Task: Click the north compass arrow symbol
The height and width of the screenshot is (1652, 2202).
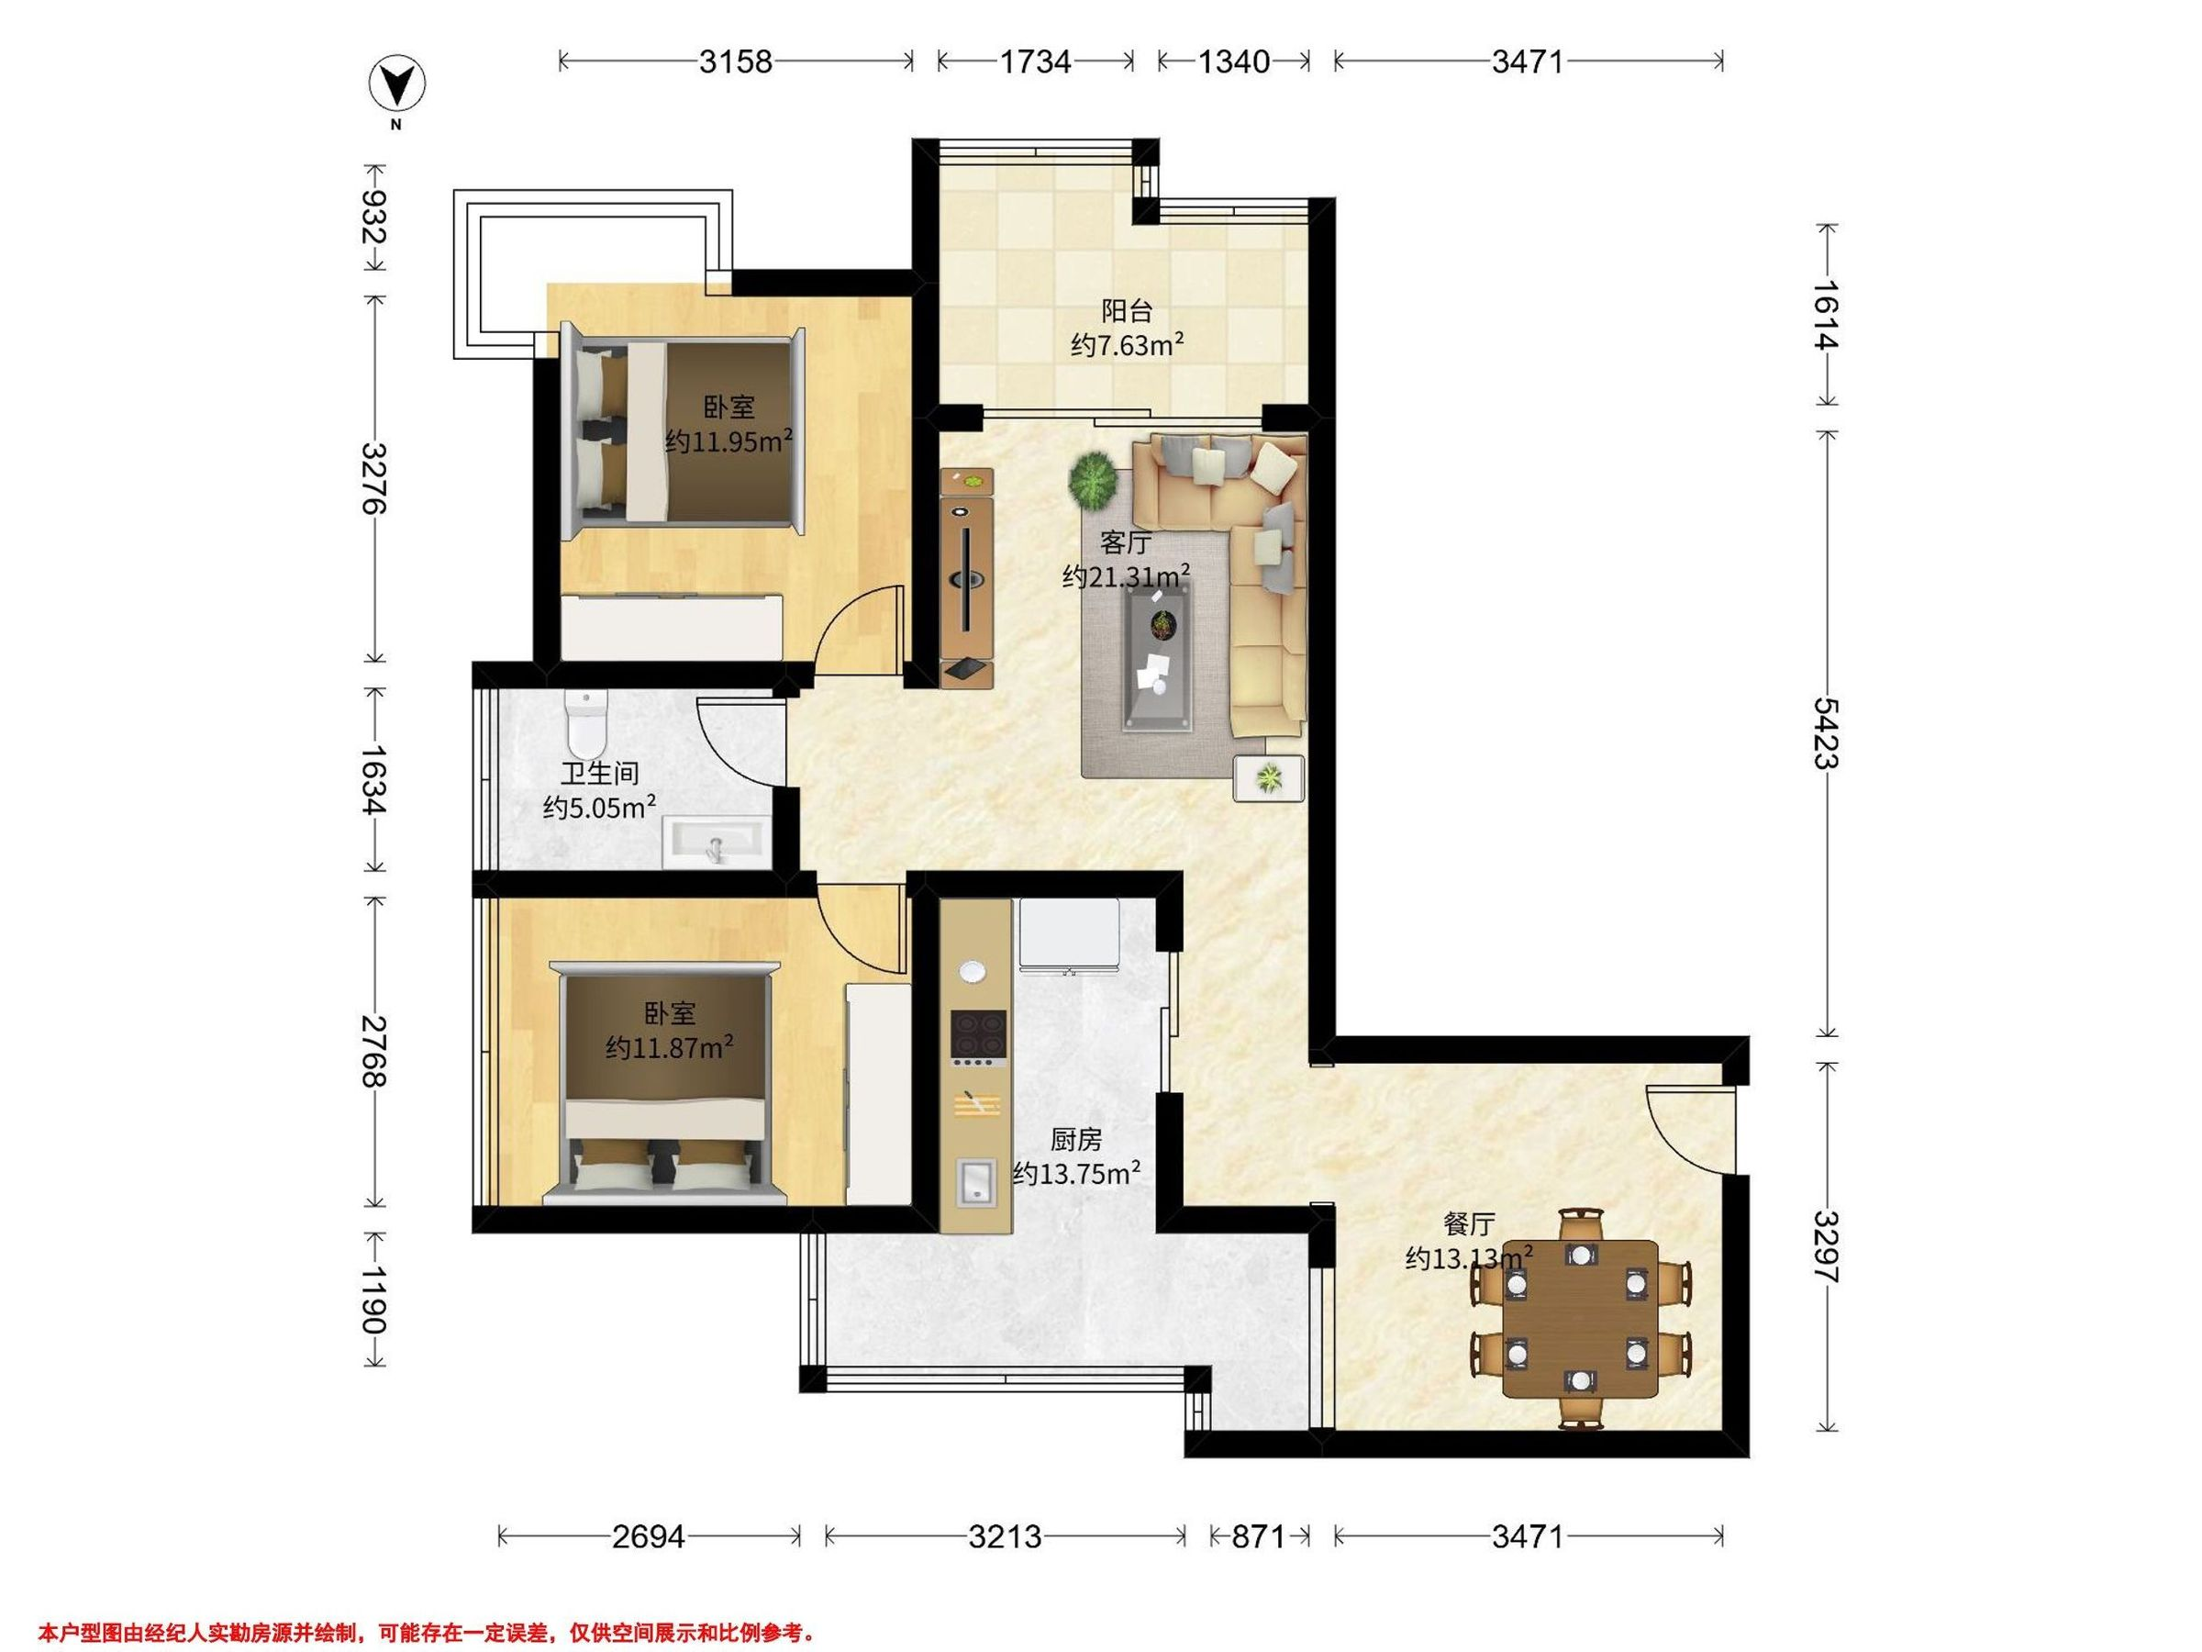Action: [x=396, y=85]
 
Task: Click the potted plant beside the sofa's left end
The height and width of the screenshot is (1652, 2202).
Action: [x=1093, y=478]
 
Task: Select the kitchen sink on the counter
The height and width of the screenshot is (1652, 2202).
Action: [x=976, y=1182]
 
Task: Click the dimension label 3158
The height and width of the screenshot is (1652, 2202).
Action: [x=736, y=61]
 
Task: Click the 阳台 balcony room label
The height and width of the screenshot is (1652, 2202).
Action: [x=1127, y=311]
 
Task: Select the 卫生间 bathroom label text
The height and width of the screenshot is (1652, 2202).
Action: [x=599, y=773]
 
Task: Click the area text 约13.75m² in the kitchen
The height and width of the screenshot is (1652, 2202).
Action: [x=1077, y=1174]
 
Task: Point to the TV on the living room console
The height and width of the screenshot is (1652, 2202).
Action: [x=965, y=577]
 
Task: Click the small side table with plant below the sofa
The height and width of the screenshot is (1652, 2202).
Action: [x=1268, y=777]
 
